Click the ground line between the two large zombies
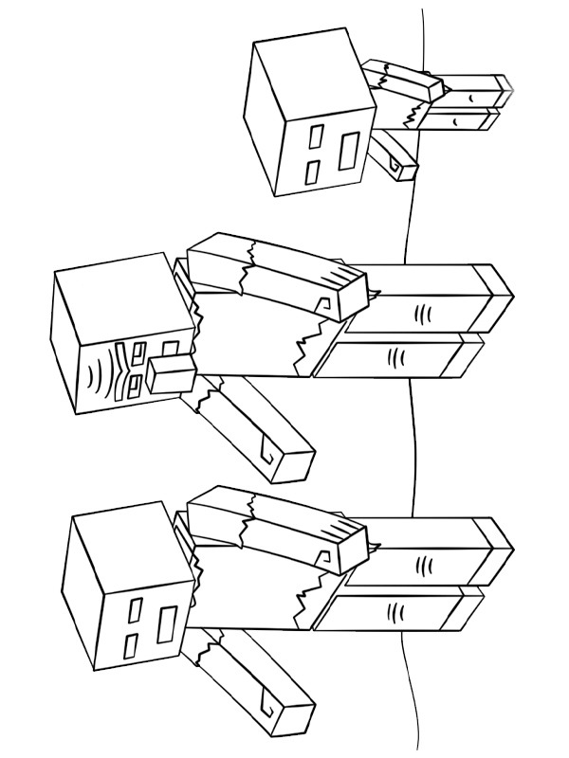tap(412, 455)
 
